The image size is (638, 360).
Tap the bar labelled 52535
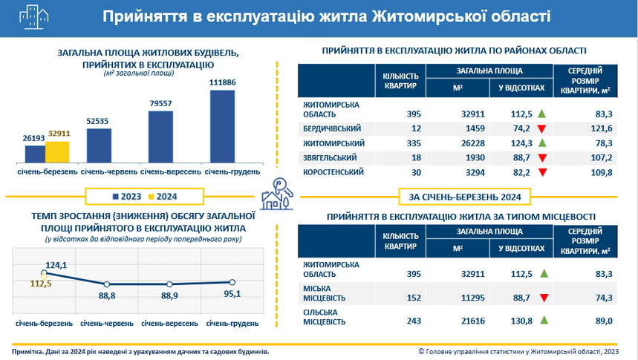click(99, 145)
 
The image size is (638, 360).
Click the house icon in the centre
click(276, 194)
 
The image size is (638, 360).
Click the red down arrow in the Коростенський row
click(541, 172)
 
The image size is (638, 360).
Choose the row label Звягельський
click(331, 158)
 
